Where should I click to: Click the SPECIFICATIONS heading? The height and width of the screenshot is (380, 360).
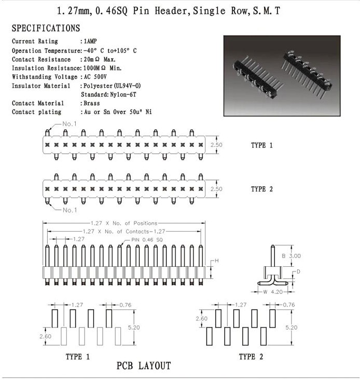[x=46, y=28]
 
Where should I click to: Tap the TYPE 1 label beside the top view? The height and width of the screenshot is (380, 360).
[x=261, y=145]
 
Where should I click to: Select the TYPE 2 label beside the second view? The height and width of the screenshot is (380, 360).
[x=261, y=189]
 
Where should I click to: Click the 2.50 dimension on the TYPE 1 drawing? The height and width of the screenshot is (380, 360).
[x=216, y=145]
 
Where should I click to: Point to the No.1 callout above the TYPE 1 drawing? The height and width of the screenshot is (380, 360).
[x=70, y=124]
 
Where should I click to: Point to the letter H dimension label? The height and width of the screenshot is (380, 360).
[x=217, y=260]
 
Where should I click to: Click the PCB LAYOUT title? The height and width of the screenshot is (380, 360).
[x=144, y=366]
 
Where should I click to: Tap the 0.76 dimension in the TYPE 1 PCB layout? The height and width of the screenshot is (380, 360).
[x=126, y=305]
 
